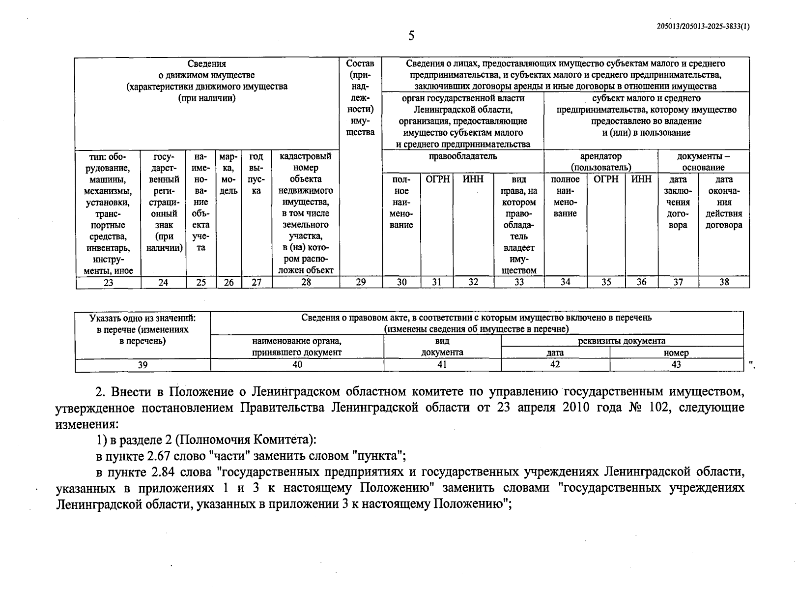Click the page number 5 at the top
411,36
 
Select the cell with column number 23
108,282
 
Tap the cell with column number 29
361,282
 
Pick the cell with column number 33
519,282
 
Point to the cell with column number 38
724,282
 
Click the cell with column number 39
142,365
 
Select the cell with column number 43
676,365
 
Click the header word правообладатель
462,156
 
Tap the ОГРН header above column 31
437,179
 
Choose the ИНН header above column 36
641,179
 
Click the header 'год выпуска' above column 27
256,174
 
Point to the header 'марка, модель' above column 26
228,174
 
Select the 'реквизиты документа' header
622,341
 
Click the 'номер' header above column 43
676,353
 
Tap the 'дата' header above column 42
555,353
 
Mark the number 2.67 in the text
163,456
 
